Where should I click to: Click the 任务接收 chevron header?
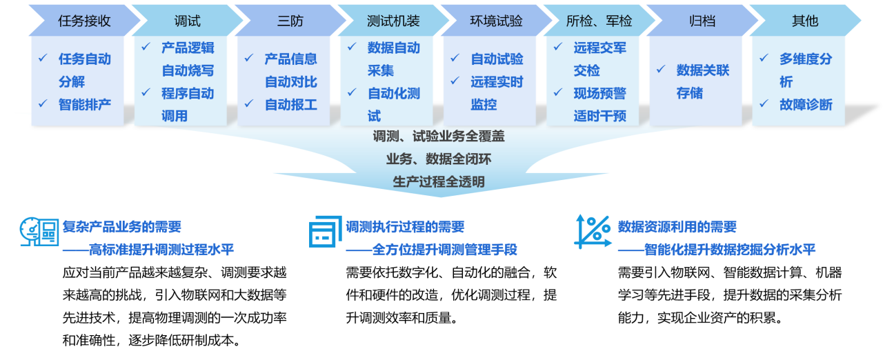[84, 21]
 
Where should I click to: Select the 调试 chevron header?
[187, 21]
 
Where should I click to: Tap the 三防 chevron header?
[290, 21]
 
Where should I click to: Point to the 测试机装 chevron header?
[393, 21]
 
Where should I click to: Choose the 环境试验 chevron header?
[496, 21]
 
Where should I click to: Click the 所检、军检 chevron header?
[599, 21]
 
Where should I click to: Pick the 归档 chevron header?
[702, 21]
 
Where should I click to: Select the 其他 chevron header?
[805, 21]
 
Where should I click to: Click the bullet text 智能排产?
[85, 105]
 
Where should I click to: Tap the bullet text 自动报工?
[291, 105]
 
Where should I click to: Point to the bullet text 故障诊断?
[806, 105]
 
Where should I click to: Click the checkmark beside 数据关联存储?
[661, 70]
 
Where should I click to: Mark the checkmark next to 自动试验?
[455, 59]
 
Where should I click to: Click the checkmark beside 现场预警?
[558, 92]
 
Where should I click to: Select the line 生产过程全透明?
[439, 182]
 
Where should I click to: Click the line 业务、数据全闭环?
[439, 159]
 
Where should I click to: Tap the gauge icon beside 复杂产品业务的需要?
[39, 232]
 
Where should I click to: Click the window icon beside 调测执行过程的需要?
[325, 232]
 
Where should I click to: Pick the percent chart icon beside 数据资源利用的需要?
[593, 232]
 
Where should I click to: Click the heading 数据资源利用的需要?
[677, 227]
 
